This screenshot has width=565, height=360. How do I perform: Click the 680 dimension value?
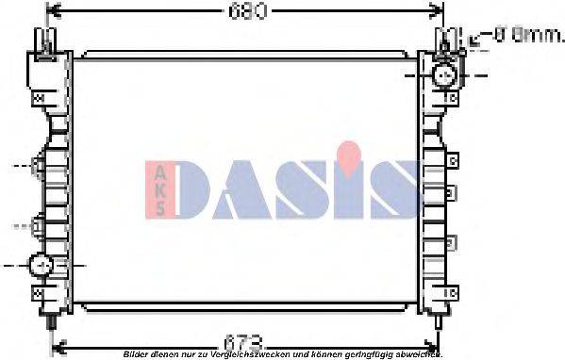(247, 12)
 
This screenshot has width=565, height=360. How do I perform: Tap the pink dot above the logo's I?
(349, 151)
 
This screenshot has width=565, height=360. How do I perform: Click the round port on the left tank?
(42, 266)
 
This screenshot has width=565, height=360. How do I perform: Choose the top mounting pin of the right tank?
(443, 40)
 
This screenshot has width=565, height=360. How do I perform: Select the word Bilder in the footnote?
(136, 353)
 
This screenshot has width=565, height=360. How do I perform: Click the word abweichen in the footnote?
(421, 353)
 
